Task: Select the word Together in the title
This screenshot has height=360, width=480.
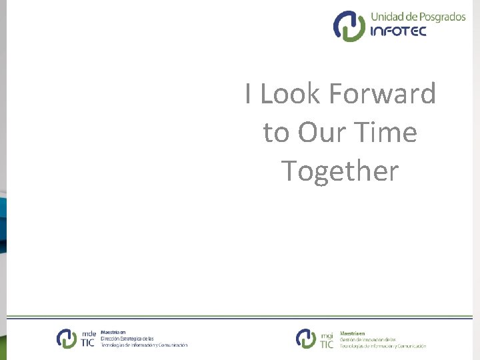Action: (x=340, y=171)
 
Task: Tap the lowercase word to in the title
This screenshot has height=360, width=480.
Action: (x=276, y=133)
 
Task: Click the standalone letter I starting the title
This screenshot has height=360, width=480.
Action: (x=248, y=94)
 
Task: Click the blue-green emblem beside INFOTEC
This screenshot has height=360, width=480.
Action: (x=349, y=26)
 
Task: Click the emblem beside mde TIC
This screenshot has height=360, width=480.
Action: (x=67, y=339)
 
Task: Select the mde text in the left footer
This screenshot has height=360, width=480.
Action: (x=89, y=333)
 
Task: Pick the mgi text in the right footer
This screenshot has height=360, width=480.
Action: (x=327, y=334)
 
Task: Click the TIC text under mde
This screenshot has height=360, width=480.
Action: (x=88, y=343)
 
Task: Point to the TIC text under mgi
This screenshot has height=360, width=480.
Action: (x=327, y=344)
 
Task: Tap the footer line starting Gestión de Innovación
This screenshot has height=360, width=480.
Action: (x=368, y=339)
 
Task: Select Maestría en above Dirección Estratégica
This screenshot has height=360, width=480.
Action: (x=113, y=332)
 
